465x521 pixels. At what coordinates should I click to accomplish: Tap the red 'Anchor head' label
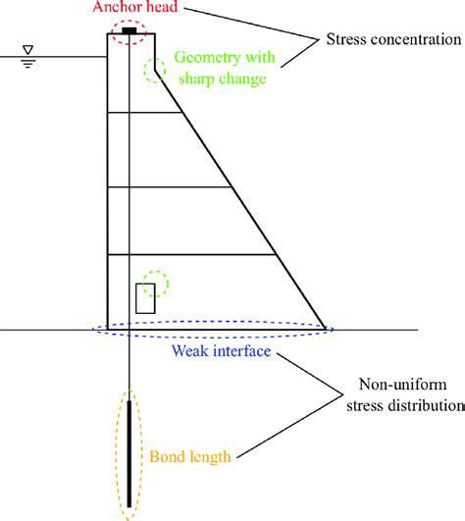tap(130, 8)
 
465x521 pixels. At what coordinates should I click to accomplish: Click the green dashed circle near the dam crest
tap(154, 71)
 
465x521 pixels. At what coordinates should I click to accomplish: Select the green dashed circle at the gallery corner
tap(154, 285)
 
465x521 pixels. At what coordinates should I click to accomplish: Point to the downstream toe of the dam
tap(325, 329)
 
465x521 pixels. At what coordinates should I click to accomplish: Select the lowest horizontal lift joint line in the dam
tap(196, 255)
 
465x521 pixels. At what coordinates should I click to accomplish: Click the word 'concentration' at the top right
tap(412, 41)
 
